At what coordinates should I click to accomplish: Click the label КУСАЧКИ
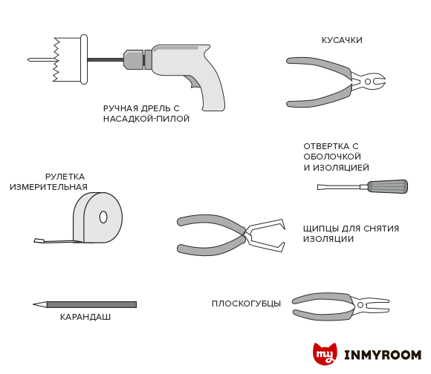[x=342, y=40]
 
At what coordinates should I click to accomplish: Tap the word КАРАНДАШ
[x=85, y=317]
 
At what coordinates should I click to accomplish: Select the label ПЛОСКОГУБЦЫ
[x=246, y=304]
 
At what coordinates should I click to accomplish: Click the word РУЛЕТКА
[x=65, y=177]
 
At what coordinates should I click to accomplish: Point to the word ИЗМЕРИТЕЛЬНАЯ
[x=48, y=187]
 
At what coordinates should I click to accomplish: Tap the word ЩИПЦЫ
[x=321, y=229]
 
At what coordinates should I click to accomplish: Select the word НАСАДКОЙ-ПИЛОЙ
[x=146, y=119]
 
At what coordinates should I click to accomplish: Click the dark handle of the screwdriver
[x=388, y=186]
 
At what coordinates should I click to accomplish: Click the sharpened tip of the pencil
[x=33, y=304]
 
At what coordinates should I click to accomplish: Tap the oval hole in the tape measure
[x=103, y=217]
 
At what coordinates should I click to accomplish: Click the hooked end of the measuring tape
[x=38, y=240]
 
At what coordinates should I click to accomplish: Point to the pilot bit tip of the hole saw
[x=28, y=59]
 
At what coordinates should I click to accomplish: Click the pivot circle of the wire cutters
[x=368, y=82]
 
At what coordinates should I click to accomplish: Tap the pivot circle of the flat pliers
[x=360, y=305]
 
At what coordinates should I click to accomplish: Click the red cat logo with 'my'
[x=325, y=354]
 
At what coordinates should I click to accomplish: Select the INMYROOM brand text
[x=383, y=355]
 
